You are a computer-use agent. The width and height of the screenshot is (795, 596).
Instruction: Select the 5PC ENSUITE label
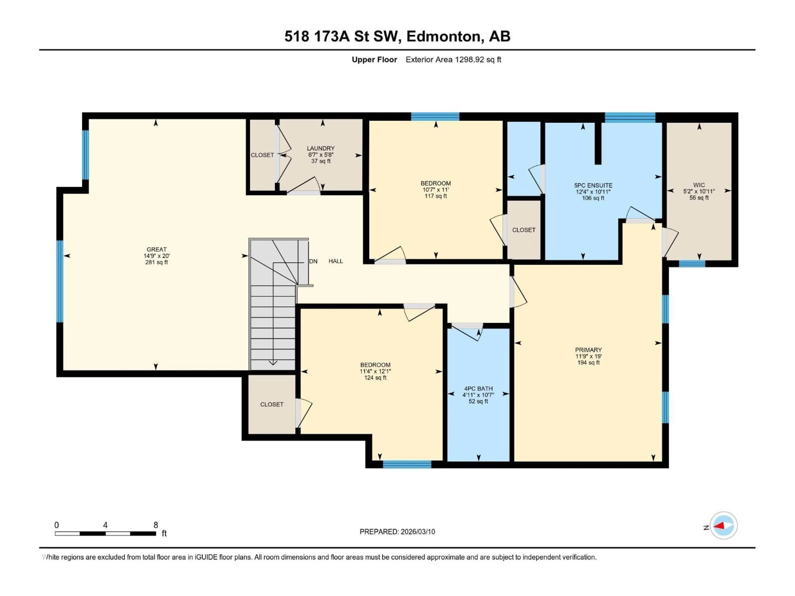click(593, 185)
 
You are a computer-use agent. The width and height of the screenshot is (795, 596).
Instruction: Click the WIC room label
click(699, 185)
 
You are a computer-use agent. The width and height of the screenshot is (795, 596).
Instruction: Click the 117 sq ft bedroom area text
click(436, 196)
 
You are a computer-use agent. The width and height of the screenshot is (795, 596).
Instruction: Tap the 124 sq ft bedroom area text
click(375, 378)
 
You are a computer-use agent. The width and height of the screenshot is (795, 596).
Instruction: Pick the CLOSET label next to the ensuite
click(523, 230)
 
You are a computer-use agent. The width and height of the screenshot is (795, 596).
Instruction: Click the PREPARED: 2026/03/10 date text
click(397, 532)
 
